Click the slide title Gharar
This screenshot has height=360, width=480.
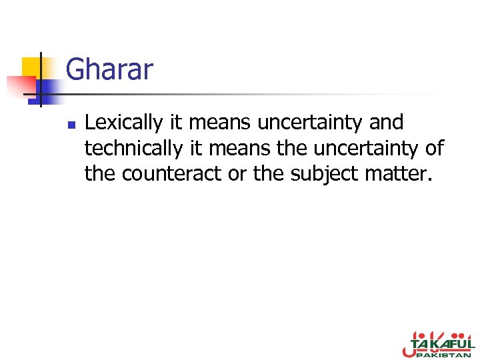(x=109, y=69)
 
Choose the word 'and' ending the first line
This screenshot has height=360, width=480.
(x=385, y=123)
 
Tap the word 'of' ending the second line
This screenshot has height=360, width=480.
(x=435, y=148)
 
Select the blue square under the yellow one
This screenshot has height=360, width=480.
(x=49, y=90)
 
